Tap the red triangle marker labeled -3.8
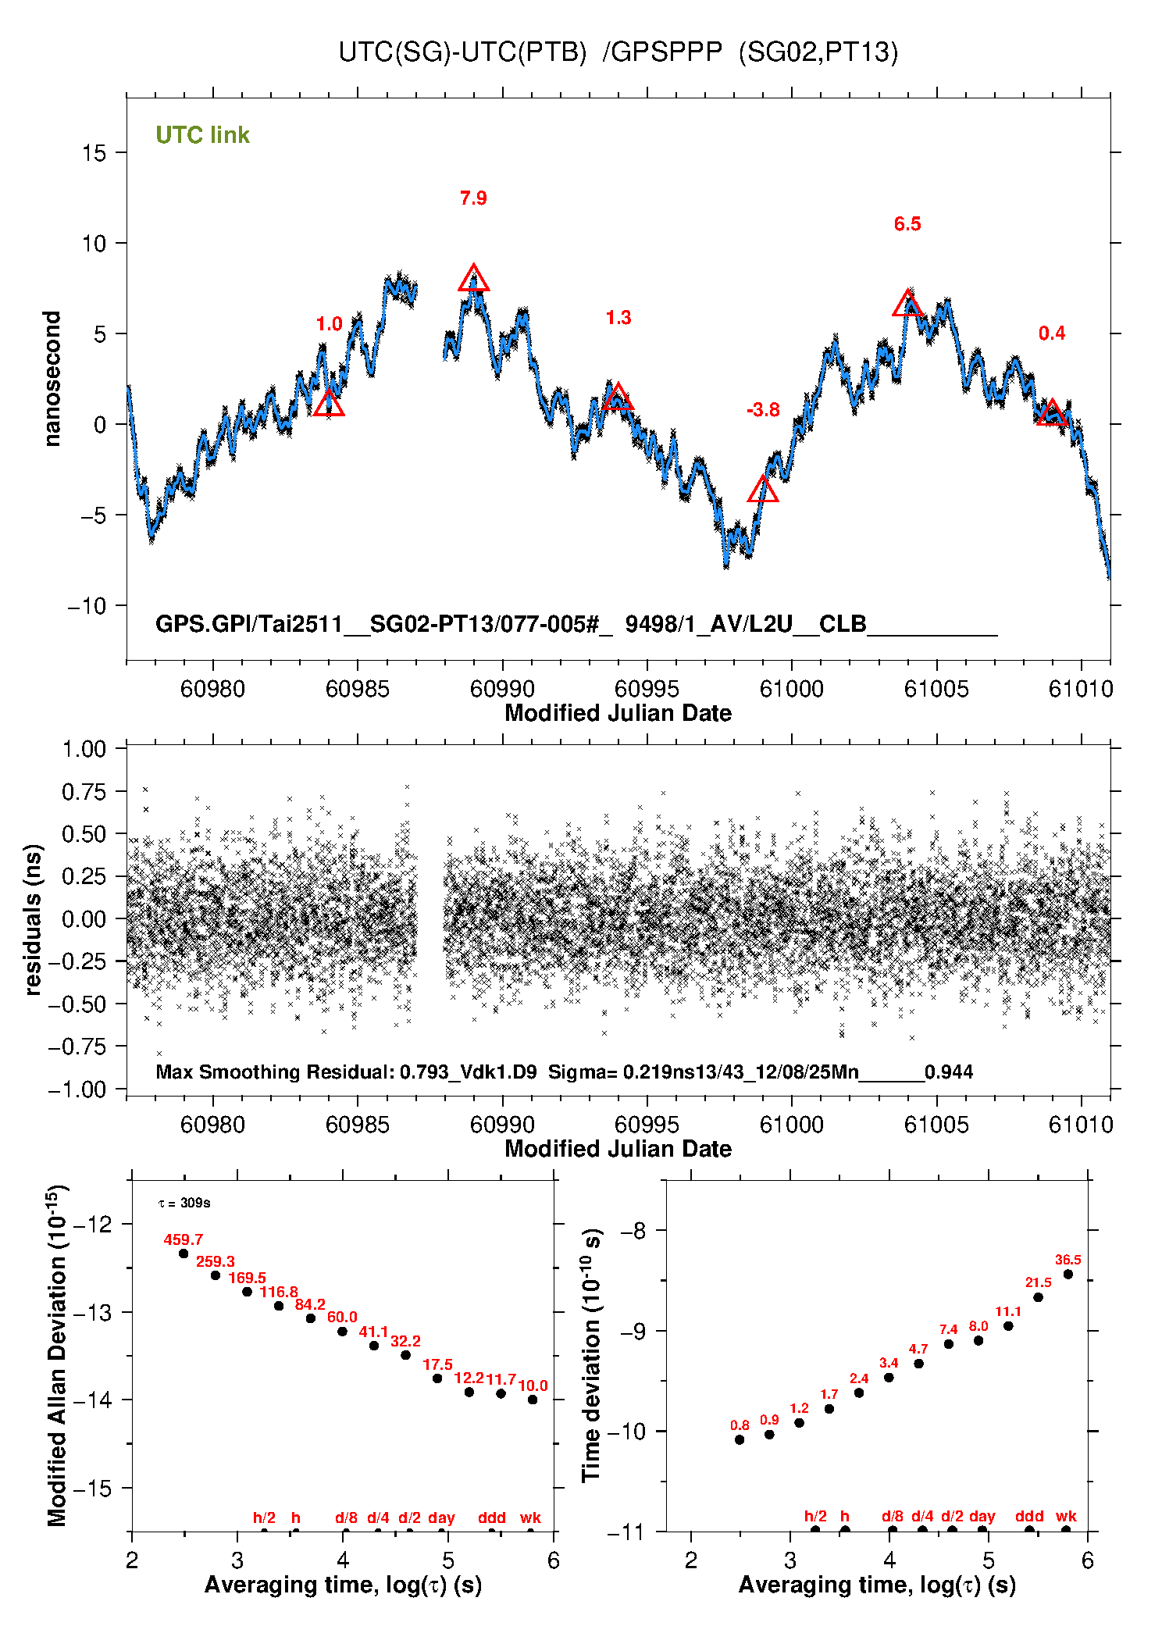pos(763,490)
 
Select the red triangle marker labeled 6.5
pos(908,305)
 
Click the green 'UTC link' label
pos(202,135)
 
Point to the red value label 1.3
pos(618,318)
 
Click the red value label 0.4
pos(1051,333)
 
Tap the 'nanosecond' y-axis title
pos(52,379)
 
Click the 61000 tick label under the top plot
pos(791,689)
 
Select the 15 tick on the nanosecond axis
pos(94,153)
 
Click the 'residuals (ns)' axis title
pos(32,918)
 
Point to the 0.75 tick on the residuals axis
pos(84,792)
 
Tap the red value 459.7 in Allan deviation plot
pos(183,1239)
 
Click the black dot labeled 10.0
pos(533,1400)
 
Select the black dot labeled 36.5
pos(1068,1275)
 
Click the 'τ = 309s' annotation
pos(184,1203)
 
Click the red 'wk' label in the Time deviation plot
pos(1066,1516)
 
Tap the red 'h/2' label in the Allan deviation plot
pos(264,1517)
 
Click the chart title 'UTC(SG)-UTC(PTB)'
pos(462,52)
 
